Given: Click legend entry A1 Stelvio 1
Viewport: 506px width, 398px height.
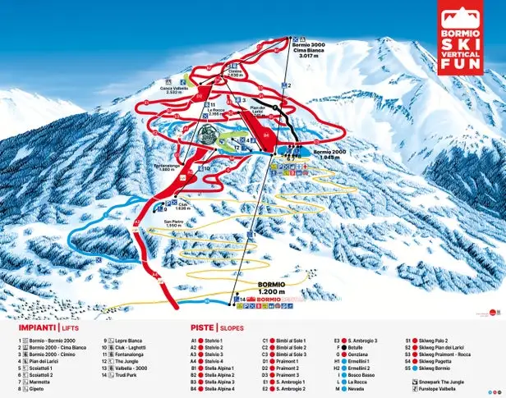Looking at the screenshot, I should (x=208, y=339).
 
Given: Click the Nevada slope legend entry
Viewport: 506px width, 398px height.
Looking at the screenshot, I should (x=354, y=390).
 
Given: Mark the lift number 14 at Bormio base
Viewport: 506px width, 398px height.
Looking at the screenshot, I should (x=241, y=300).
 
